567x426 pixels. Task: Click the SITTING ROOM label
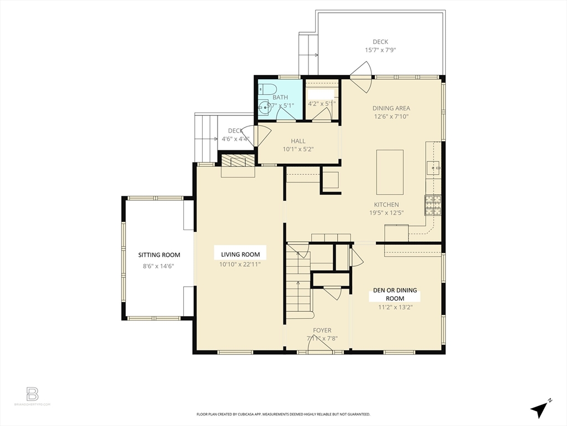pyautogui.click(x=159, y=255)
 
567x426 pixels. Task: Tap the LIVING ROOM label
pyautogui.click(x=240, y=254)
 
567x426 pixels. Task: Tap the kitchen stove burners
pyautogui.click(x=432, y=205)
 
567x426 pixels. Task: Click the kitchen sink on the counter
pyautogui.click(x=435, y=165)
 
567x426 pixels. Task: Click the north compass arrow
pyautogui.click(x=539, y=409)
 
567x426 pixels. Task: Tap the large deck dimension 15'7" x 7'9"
pyautogui.click(x=380, y=50)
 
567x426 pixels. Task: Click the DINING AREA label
pyautogui.click(x=390, y=108)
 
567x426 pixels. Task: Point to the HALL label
pyautogui.click(x=298, y=141)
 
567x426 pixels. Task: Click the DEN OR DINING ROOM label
pyautogui.click(x=394, y=294)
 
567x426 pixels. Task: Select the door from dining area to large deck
pyautogui.click(x=361, y=77)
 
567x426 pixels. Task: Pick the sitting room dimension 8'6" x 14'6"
pyautogui.click(x=159, y=266)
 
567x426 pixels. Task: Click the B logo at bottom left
pyautogui.click(x=33, y=394)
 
